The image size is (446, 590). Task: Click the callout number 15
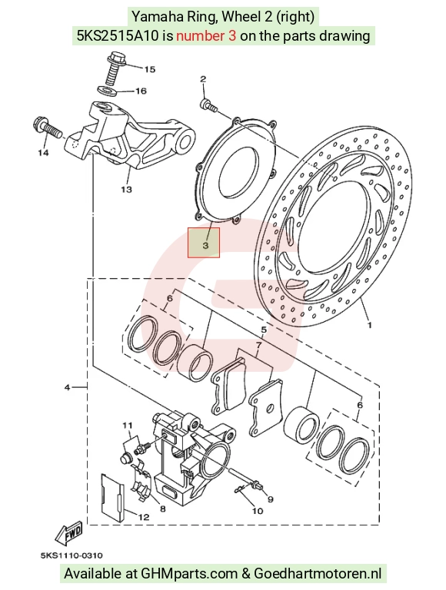coord(149,69)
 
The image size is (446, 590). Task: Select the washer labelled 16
coord(106,90)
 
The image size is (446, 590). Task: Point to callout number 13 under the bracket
coord(127,189)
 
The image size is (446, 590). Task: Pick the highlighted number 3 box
coord(204,243)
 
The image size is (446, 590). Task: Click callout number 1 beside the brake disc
coord(370,324)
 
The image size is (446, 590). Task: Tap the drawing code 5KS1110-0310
coord(72,555)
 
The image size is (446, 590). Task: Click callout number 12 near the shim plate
coord(144,517)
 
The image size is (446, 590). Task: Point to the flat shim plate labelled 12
coord(112,498)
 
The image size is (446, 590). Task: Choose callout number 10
coord(258,511)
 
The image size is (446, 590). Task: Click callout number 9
coord(270,499)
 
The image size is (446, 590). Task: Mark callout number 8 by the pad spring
coord(163,509)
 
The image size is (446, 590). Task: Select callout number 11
coord(128,426)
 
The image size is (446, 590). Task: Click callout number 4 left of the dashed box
coord(68,387)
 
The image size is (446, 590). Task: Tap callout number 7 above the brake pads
coord(258,345)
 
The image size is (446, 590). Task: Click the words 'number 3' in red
coord(206,36)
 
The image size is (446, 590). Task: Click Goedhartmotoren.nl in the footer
coord(318,574)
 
